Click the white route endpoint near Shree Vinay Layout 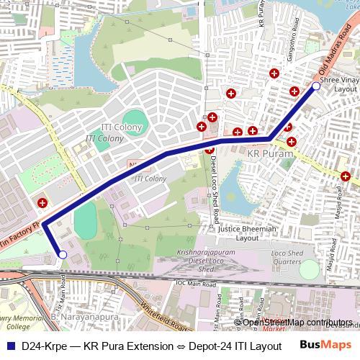pyautogui.click(x=315, y=86)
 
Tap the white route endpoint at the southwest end pyautogui.click(x=63, y=255)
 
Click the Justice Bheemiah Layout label pyautogui.click(x=248, y=233)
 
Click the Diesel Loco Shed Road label pyautogui.click(x=215, y=189)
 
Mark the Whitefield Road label pyautogui.click(x=167, y=317)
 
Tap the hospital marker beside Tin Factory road pyautogui.click(x=42, y=204)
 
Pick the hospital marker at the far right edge pyautogui.click(x=346, y=176)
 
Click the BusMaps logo pyautogui.click(x=325, y=345)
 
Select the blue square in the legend pyautogui.click(x=10, y=346)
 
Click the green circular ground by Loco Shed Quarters pyautogui.click(x=309, y=269)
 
